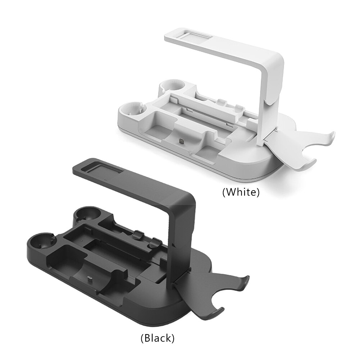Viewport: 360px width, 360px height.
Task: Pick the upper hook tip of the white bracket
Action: pyautogui.click(x=333, y=135)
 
